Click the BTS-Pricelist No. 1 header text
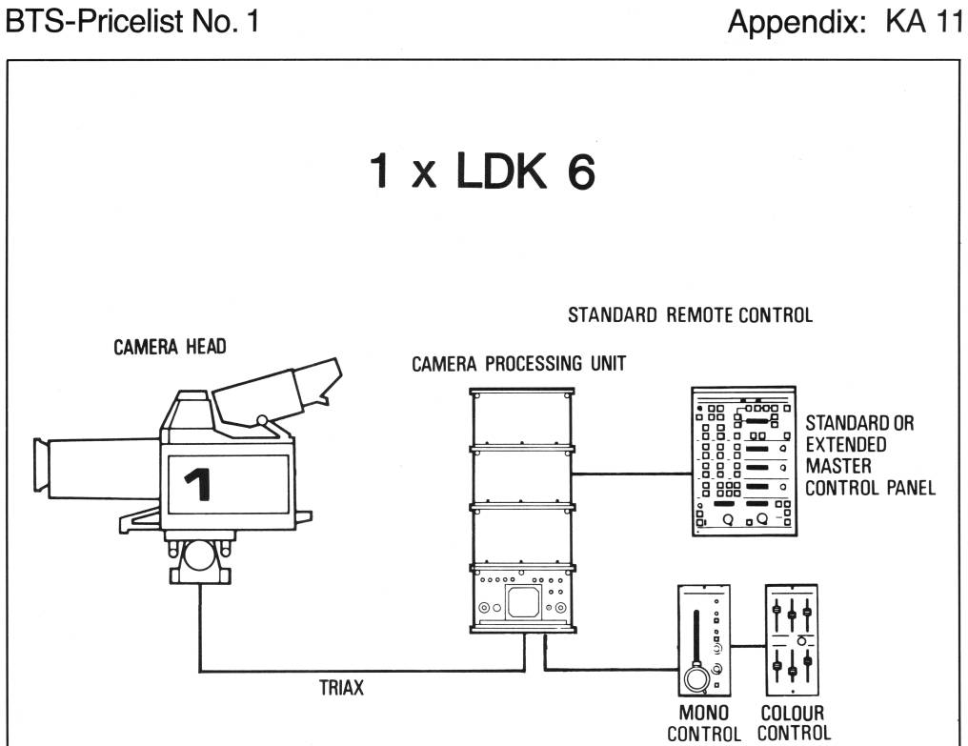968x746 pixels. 132,21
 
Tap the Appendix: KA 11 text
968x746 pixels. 845,23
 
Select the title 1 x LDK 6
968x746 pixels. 482,171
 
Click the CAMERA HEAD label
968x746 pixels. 170,347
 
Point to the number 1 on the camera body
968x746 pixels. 199,484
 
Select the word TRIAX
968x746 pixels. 341,687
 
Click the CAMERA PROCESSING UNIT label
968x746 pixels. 519,364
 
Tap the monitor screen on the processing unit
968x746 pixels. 523,602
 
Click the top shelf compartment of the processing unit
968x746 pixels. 522,419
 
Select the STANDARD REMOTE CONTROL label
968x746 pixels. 690,315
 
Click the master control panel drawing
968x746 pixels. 744,461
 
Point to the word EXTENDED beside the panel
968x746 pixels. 846,445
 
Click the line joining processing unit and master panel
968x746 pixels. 632,474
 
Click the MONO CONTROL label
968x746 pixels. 704,723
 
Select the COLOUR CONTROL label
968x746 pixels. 794,723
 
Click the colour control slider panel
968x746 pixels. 792,640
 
